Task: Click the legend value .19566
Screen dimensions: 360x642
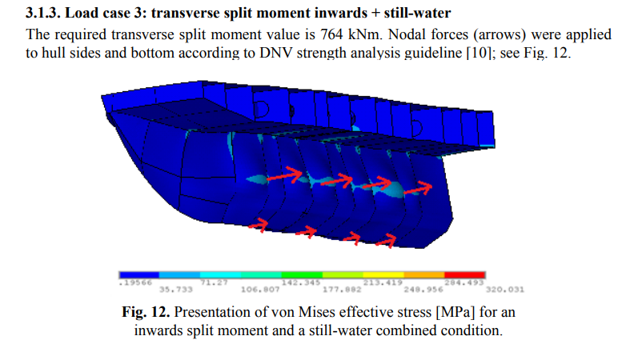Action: point(134,282)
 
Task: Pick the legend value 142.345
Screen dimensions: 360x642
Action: point(301,282)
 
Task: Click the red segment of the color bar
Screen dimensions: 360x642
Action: point(465,274)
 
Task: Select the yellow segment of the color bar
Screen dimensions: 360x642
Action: point(383,274)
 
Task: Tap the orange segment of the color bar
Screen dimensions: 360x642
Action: point(424,274)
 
